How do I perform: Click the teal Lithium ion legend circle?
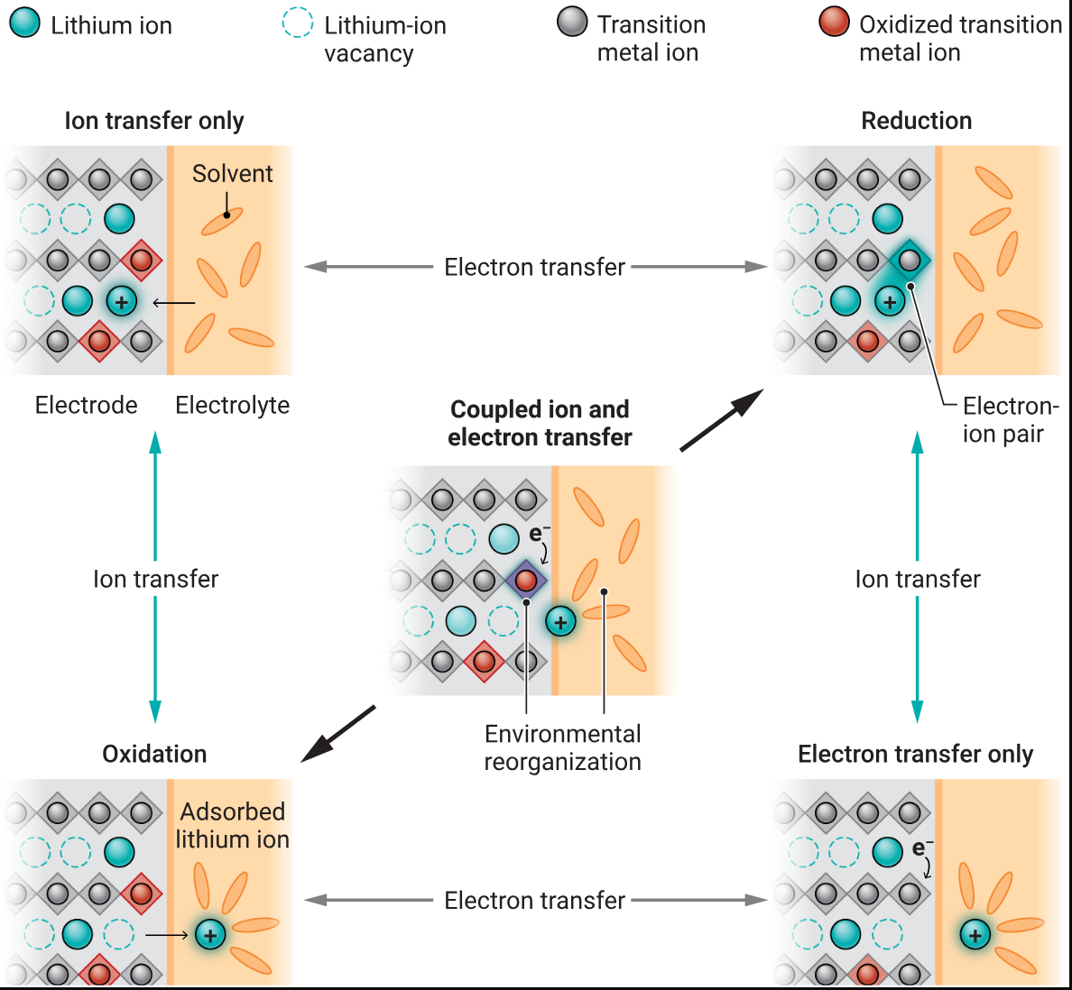[x=24, y=23]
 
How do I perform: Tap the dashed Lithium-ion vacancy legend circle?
[x=298, y=23]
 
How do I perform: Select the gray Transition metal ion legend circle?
[x=572, y=23]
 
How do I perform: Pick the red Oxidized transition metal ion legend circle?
[x=834, y=23]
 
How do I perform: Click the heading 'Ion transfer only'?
[x=154, y=121]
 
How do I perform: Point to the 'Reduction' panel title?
[x=916, y=121]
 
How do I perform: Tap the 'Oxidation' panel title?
[x=154, y=754]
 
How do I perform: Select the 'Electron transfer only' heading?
[x=915, y=754]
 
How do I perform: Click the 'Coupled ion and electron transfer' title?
[x=540, y=423]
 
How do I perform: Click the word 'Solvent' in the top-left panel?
[x=232, y=174]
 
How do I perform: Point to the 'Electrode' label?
[x=86, y=406]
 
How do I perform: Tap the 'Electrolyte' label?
[x=232, y=406]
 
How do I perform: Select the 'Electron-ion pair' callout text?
[x=1008, y=419]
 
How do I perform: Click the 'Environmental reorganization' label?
[x=562, y=747]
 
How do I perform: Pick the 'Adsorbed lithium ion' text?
[x=232, y=825]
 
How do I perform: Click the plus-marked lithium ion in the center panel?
[x=560, y=621]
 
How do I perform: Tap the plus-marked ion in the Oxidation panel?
[x=210, y=935]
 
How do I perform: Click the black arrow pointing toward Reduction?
[x=721, y=421]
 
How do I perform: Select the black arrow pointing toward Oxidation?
[x=339, y=733]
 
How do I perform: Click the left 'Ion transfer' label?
[x=155, y=579]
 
